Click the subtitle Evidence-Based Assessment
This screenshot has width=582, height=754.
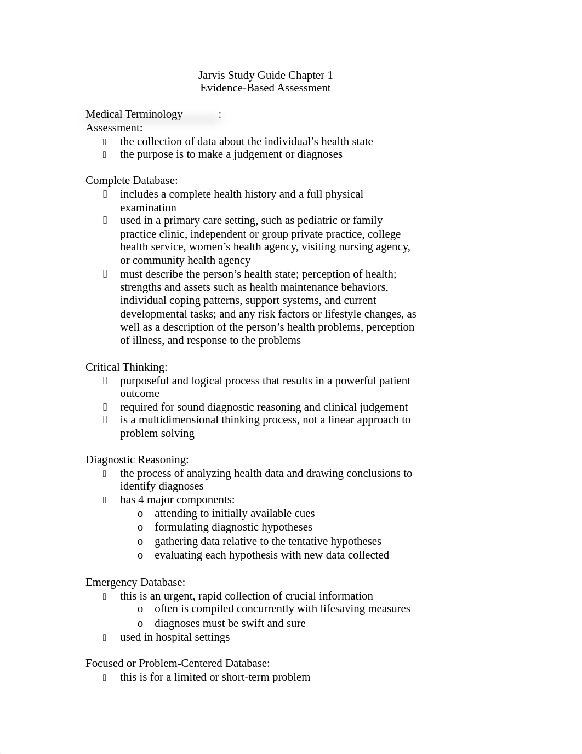click(265, 88)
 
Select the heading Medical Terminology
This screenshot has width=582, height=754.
click(134, 114)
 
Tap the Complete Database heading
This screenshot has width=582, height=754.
click(132, 181)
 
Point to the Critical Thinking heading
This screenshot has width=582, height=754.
click(127, 367)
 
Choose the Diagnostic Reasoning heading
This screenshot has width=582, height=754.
click(137, 460)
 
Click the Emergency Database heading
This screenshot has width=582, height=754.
click(135, 583)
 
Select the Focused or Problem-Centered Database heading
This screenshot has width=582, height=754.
click(178, 664)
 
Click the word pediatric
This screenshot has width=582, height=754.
click(317, 221)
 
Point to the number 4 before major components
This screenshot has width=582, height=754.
click(141, 500)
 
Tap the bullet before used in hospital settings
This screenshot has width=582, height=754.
click(104, 637)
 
